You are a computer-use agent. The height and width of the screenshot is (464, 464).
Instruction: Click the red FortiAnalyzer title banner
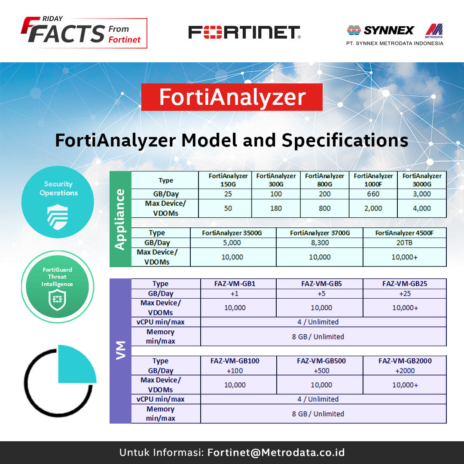(232, 97)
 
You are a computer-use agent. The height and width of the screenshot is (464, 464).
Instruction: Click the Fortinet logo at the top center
(244, 32)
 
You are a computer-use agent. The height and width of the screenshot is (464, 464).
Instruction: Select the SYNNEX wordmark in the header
(388, 30)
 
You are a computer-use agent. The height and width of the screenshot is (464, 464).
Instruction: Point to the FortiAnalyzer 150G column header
(228, 180)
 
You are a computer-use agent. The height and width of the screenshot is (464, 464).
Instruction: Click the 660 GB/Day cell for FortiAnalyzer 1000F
(373, 194)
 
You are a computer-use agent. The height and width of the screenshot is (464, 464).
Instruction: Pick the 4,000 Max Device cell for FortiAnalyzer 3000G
(422, 208)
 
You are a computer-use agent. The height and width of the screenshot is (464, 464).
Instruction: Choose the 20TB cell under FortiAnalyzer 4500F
(405, 243)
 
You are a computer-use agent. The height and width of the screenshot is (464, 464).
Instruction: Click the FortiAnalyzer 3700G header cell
(320, 233)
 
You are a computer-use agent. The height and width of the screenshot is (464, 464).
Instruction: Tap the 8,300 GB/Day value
(320, 243)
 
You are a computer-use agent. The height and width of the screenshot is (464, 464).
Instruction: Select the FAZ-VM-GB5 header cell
(321, 284)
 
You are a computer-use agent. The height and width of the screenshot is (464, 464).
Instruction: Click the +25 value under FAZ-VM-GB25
(405, 293)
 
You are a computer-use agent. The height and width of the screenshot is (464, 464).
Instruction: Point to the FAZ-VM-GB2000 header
(405, 361)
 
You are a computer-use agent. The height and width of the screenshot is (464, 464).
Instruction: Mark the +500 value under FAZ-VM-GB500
(321, 370)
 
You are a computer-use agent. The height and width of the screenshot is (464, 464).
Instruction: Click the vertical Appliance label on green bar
(120, 219)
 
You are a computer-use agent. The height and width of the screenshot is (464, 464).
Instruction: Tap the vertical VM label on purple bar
(120, 351)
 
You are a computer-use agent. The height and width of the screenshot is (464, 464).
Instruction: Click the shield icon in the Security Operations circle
(58, 217)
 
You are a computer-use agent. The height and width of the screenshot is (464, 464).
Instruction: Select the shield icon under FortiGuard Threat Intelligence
(57, 300)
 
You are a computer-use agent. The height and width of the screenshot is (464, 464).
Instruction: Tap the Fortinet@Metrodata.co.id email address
(276, 452)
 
